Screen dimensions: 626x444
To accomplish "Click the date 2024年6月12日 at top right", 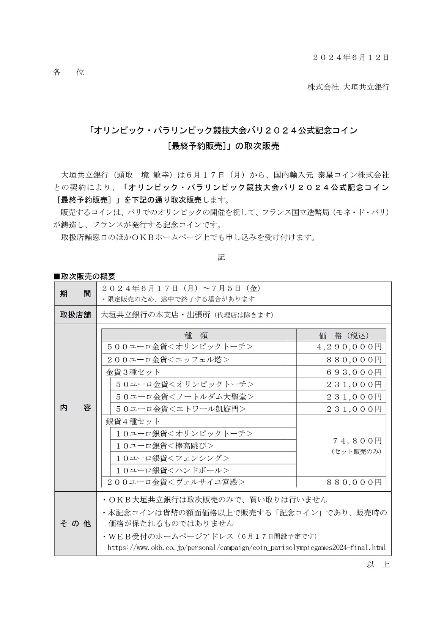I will coord(351,58).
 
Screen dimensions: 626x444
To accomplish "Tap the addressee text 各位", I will coord(69,72).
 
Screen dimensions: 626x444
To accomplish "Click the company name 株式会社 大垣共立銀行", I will coord(348,87).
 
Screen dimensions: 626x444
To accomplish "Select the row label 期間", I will coord(75,294).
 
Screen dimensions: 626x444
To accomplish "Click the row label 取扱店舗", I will coord(75,315).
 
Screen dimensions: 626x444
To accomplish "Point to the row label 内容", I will coord(75,408).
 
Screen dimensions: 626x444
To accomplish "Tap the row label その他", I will coord(75,524).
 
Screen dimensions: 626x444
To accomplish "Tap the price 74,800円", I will coord(357,441).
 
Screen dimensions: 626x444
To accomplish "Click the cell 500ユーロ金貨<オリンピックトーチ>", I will coord(179,347).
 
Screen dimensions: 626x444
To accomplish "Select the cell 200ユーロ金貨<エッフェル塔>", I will coord(168,360).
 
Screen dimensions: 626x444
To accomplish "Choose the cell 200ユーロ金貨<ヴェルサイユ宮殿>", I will coord(176,482).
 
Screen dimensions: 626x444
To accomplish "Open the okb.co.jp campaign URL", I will coord(247,547).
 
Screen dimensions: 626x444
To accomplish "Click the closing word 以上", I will coord(378,565).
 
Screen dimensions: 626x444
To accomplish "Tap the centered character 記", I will coord(222,258).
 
